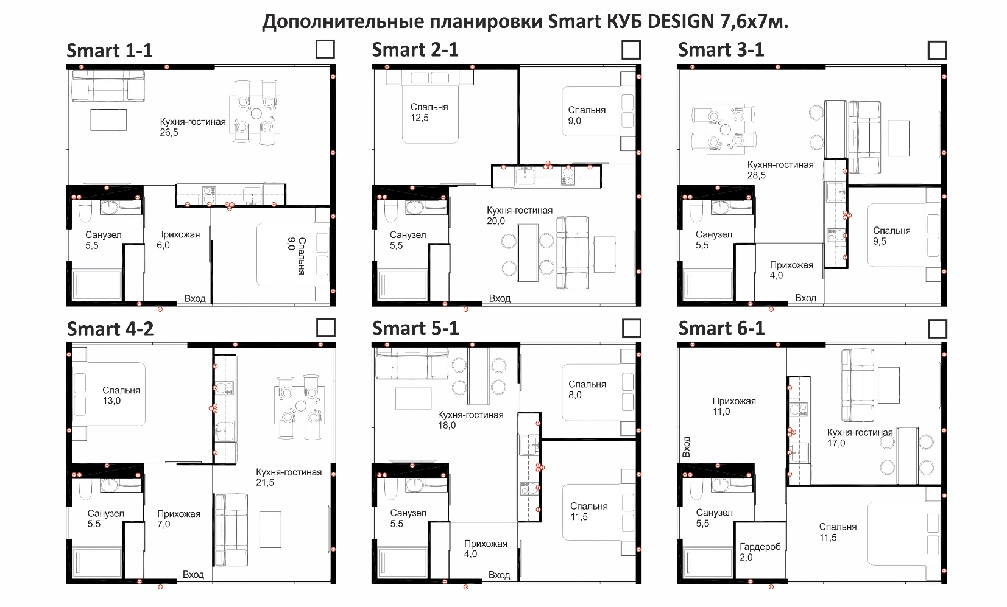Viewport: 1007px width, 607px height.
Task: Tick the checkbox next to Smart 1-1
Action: coord(325,49)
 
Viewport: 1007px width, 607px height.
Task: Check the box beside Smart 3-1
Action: coord(938,50)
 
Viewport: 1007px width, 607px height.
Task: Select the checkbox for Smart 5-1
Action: coord(631,328)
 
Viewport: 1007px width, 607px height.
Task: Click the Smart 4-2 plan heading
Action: coord(110,329)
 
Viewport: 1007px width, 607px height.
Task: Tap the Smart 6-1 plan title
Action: coord(721,328)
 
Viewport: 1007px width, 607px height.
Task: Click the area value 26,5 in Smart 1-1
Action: coord(169,133)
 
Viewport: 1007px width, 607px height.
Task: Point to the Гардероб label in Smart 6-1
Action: coord(760,547)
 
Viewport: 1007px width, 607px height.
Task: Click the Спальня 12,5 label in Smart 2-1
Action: coord(429,112)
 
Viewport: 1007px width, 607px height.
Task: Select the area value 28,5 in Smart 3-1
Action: coord(757,176)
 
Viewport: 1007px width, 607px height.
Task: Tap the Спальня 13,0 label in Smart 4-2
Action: coord(121,395)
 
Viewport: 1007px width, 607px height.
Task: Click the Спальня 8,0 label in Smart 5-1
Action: coord(587,390)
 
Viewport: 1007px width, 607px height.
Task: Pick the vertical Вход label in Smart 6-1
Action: coord(687,447)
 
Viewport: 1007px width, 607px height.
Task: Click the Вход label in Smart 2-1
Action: coord(500,299)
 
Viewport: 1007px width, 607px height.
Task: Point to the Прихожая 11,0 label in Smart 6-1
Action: coord(734,406)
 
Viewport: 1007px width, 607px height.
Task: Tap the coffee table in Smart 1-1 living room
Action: coord(108,120)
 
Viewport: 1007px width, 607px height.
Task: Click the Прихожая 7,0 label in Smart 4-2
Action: coord(178,519)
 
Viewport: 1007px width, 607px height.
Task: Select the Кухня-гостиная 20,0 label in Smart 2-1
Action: coord(520,216)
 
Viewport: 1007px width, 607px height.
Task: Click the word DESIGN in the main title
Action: coord(680,21)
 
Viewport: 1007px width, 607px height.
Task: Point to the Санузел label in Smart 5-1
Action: coord(408,513)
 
